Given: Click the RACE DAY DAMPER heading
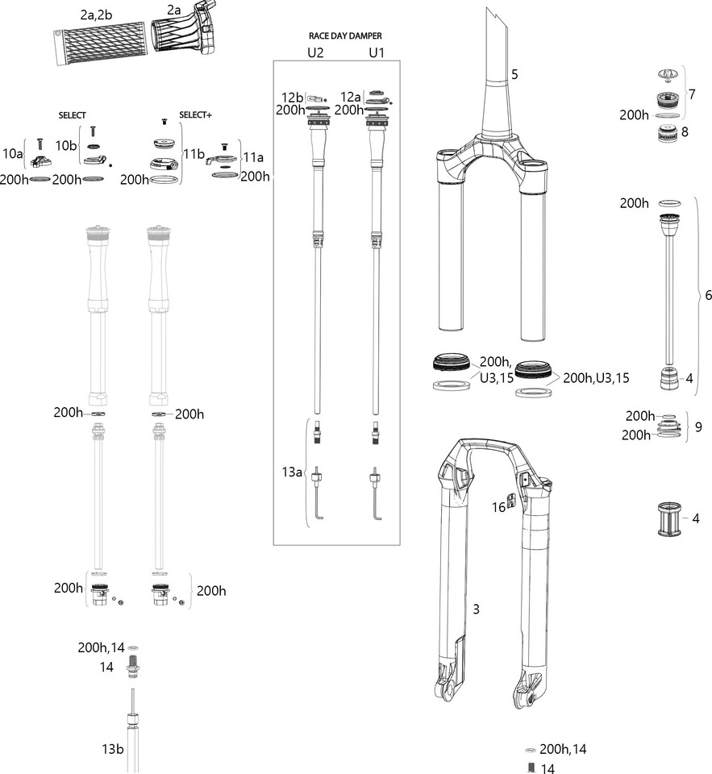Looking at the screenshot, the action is coord(345,35).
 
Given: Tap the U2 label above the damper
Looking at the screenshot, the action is coord(315,52).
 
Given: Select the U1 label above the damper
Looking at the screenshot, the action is coord(377,52).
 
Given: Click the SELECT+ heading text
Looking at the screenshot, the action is coord(195,114).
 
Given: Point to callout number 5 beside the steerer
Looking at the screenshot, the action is coord(514,74).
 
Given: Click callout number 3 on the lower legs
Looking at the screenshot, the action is coord(476,610).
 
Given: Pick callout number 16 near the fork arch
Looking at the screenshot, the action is coord(498,507).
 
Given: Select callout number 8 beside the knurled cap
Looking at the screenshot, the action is coord(685,131).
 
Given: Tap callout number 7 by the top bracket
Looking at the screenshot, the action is coord(693,94).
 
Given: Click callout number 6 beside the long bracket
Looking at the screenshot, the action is coord(708,295).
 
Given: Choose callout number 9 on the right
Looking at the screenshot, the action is coord(698,427).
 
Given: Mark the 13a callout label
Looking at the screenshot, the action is coord(292,472).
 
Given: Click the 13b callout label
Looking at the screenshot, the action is coord(113,749).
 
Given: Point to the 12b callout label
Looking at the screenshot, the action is coord(293,98).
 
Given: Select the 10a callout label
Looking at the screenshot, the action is coord(12,153).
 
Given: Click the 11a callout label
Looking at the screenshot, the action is coord(253,157).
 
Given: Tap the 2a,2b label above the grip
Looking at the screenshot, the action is coord(96,15).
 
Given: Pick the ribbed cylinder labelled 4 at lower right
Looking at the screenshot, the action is coord(669,518).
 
